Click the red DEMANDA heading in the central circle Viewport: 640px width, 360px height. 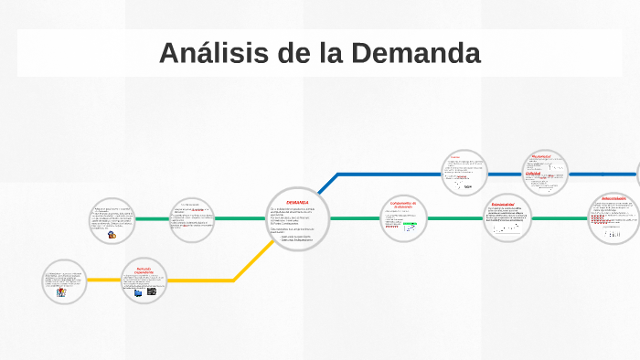point(297,202)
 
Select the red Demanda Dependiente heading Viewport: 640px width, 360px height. point(144,270)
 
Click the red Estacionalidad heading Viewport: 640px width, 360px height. point(503,205)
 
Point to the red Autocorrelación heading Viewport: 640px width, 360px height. point(613,198)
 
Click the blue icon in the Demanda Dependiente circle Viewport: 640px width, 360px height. point(138,293)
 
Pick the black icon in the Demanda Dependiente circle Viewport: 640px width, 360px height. point(152,292)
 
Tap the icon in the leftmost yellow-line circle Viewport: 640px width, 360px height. point(61,293)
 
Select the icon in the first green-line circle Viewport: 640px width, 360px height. point(112,235)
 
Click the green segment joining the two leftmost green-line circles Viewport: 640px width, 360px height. point(152,219)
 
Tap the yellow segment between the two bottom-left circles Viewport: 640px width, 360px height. point(103,281)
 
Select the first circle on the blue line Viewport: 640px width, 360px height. point(464,173)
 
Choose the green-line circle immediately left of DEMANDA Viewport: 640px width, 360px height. point(193,219)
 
